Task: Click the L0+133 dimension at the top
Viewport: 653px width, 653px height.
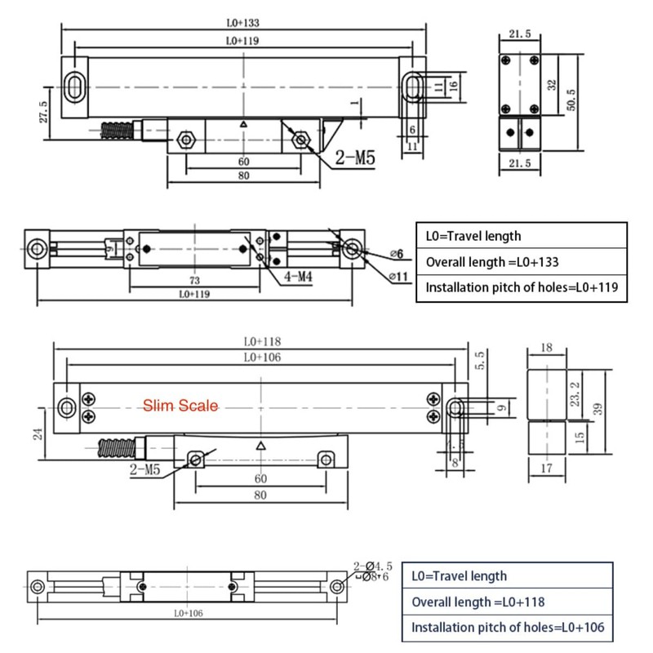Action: [244, 23]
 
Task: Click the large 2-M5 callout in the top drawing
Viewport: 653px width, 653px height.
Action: [354, 158]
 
